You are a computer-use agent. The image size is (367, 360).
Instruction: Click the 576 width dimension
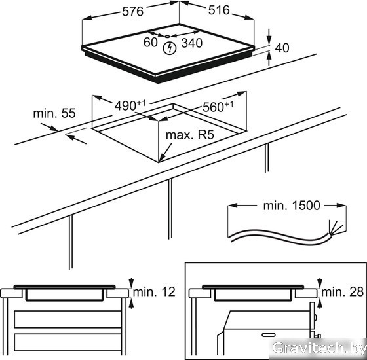[x=132, y=12]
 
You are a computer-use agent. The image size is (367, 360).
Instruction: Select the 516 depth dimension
[x=219, y=10]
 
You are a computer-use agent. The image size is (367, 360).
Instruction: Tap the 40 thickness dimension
[x=282, y=48]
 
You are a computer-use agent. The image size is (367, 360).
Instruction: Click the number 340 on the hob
[x=191, y=43]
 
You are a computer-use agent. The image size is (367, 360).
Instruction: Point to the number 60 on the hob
[x=151, y=43]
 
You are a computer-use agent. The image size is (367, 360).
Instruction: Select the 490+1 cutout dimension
[x=130, y=105]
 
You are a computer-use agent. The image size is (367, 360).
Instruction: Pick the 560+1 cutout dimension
[x=218, y=107]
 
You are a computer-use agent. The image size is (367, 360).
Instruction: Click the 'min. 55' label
[x=54, y=113]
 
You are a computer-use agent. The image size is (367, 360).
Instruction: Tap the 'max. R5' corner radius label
[x=190, y=135]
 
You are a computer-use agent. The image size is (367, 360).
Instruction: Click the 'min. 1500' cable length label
[x=292, y=206]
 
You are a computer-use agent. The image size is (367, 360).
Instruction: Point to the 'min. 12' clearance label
[x=154, y=292]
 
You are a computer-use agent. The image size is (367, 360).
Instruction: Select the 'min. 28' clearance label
[x=343, y=292]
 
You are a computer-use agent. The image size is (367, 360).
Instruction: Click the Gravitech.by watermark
[x=319, y=348]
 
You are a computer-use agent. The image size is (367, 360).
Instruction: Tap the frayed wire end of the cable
[x=336, y=228]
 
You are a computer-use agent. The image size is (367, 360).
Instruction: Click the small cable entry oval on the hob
[x=167, y=36]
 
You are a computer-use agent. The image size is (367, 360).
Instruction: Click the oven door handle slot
[x=269, y=334]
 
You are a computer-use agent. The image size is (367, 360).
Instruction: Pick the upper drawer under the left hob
[x=68, y=319]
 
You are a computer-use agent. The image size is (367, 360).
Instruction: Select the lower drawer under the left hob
[x=68, y=342]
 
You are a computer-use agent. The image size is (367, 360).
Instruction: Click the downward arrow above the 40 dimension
[x=269, y=36]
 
